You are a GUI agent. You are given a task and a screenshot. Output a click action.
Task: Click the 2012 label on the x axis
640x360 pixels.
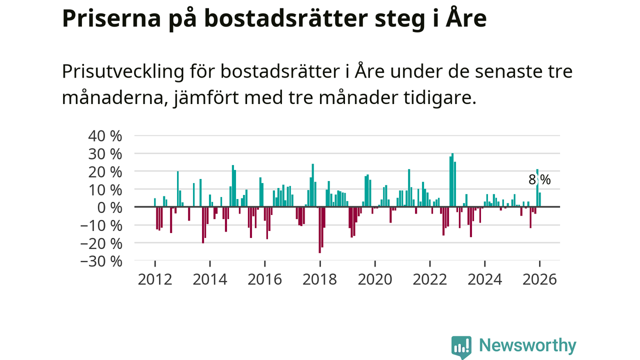click(x=155, y=279)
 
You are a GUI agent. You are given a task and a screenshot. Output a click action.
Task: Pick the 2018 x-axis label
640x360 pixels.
click(x=320, y=279)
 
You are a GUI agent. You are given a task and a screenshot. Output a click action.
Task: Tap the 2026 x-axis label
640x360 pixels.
click(x=539, y=279)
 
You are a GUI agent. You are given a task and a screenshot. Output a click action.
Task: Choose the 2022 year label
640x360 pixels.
click(x=429, y=279)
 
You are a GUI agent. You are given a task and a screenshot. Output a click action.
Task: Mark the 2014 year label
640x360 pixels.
click(x=210, y=279)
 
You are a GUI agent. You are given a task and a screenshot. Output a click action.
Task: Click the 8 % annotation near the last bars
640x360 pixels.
click(x=539, y=180)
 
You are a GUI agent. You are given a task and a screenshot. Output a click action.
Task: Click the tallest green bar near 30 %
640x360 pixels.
click(x=452, y=180)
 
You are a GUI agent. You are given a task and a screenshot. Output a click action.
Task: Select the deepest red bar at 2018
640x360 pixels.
click(x=320, y=230)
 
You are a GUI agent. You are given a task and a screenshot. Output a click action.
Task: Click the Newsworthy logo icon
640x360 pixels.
click(x=461, y=346)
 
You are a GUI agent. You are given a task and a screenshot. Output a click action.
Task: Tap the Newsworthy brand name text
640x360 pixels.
click(x=527, y=345)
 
